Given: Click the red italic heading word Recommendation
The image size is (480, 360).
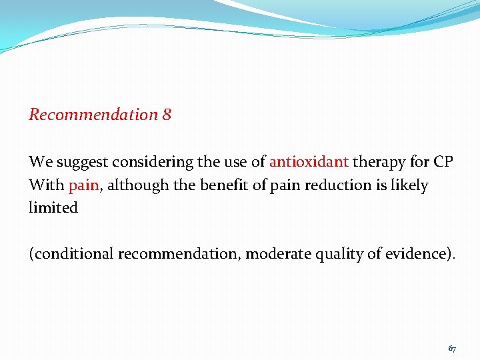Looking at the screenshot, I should click(x=93, y=115).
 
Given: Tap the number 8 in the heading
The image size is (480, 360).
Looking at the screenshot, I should click(x=167, y=115).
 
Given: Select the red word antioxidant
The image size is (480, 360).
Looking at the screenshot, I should click(x=309, y=162).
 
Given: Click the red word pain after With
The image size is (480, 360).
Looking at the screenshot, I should click(x=83, y=185).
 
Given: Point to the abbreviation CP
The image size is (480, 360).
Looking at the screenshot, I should click(x=443, y=162).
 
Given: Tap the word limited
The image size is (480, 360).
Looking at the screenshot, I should click(x=53, y=207).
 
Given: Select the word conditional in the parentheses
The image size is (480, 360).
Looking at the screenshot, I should click(x=73, y=254).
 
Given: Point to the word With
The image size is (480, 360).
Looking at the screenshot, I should click(x=45, y=185).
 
